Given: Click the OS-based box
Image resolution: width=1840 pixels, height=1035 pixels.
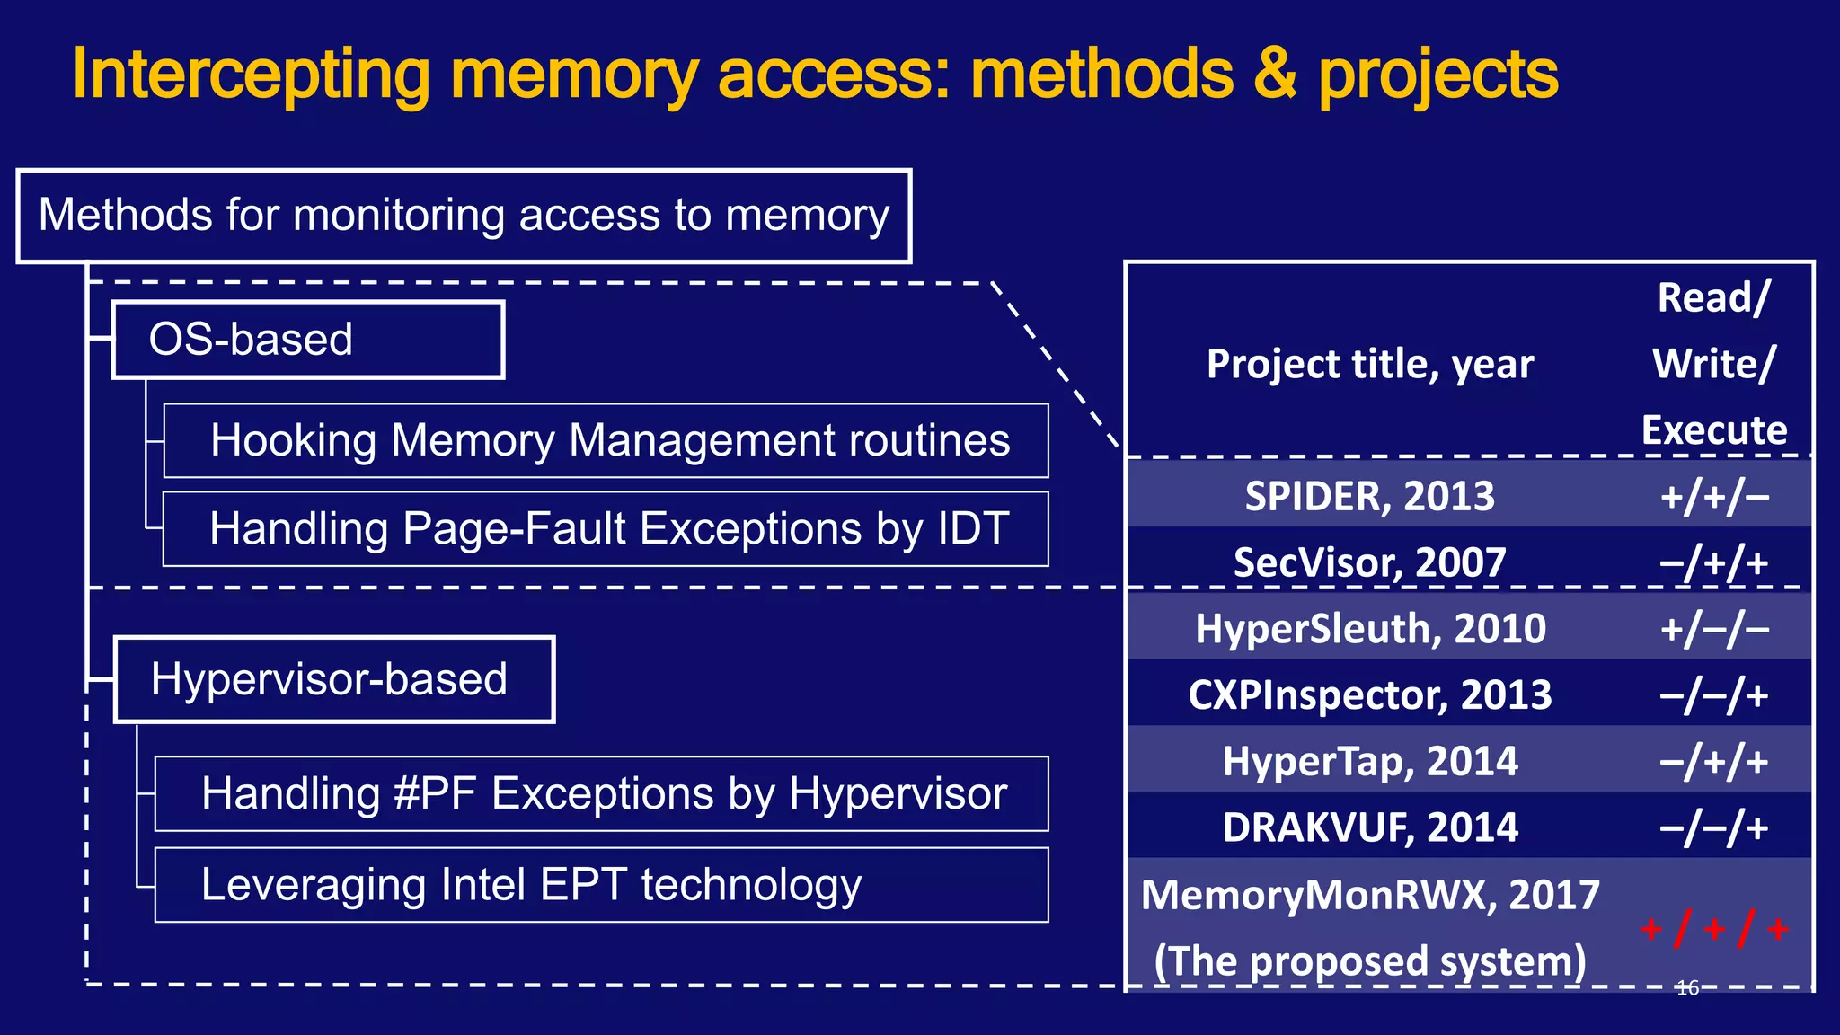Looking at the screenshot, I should (307, 340).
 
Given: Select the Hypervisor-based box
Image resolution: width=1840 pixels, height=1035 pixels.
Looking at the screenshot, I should (333, 679).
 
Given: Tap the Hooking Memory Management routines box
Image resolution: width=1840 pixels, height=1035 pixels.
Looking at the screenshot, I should (606, 440).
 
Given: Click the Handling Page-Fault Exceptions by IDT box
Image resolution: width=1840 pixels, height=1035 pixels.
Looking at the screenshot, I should (606, 528).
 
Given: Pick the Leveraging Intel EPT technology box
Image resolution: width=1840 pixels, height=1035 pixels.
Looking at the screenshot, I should (601, 885).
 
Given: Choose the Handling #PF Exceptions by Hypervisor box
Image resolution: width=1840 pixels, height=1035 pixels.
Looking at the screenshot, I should (601, 793).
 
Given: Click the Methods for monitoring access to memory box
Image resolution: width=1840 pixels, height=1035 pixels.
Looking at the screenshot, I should (464, 216).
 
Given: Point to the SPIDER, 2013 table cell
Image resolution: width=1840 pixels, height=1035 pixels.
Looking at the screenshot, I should (1369, 496).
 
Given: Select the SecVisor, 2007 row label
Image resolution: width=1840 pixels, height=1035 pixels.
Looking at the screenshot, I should (1369, 562).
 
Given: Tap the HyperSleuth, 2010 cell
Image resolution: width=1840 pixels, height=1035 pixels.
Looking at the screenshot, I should (1370, 628).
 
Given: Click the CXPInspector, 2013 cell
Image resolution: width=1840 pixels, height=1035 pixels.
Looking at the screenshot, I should (1370, 694).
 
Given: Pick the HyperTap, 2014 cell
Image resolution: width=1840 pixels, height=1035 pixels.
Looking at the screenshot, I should (1370, 761).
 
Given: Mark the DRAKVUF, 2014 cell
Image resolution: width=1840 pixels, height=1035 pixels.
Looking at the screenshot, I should (1370, 827).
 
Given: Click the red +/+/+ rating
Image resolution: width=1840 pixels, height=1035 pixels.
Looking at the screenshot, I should (1714, 928).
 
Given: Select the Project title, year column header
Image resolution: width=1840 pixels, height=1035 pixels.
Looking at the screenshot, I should (1370, 364).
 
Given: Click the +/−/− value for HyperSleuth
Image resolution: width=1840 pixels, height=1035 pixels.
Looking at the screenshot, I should (1714, 628).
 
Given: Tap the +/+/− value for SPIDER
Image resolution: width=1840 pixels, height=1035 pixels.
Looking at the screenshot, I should (1714, 496).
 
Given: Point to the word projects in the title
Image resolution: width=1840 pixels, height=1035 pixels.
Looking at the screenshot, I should (1437, 75).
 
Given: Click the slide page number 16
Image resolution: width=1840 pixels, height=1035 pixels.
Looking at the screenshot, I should (1687, 988).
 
